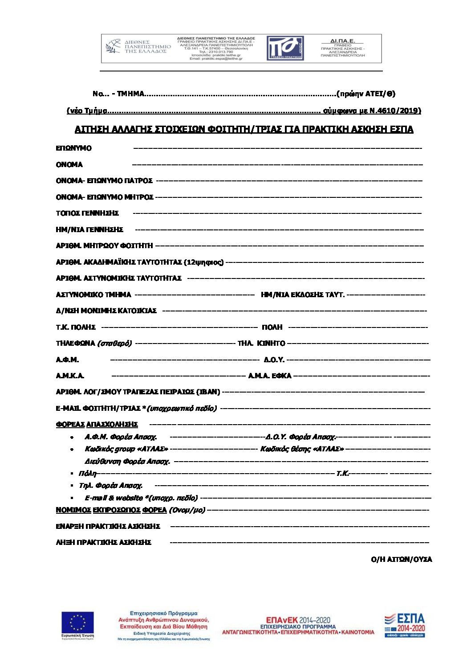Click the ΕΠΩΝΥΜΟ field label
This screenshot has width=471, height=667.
click(x=73, y=148)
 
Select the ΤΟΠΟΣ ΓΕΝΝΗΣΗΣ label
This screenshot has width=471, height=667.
click(x=87, y=213)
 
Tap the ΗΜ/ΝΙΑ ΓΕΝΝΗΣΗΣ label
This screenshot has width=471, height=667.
click(x=89, y=229)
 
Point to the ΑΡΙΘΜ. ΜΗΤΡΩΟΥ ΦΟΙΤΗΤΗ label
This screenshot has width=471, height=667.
click(x=104, y=246)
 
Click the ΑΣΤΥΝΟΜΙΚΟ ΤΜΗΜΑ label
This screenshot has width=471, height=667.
click(x=93, y=295)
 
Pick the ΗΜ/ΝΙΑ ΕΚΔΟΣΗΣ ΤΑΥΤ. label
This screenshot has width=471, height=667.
click(x=302, y=295)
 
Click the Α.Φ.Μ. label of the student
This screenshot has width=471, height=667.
click(x=67, y=360)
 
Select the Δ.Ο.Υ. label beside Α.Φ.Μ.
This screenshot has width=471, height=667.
click(x=273, y=360)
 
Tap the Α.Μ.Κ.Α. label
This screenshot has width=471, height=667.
click(x=70, y=376)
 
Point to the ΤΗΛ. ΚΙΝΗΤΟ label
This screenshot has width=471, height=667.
click(x=261, y=343)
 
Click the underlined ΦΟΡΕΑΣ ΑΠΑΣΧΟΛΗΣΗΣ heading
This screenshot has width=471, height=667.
click(x=97, y=424)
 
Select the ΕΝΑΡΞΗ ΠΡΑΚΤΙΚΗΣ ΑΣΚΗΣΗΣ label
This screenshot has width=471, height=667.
click(x=108, y=526)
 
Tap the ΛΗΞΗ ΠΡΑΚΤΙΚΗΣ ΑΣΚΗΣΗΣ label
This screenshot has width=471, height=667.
click(x=103, y=542)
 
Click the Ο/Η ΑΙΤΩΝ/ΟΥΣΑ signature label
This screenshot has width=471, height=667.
click(x=401, y=559)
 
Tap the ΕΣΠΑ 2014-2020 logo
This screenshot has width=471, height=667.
click(x=405, y=625)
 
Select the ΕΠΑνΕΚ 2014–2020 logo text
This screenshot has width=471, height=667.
click(x=298, y=620)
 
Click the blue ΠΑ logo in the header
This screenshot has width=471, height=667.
click(x=285, y=48)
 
